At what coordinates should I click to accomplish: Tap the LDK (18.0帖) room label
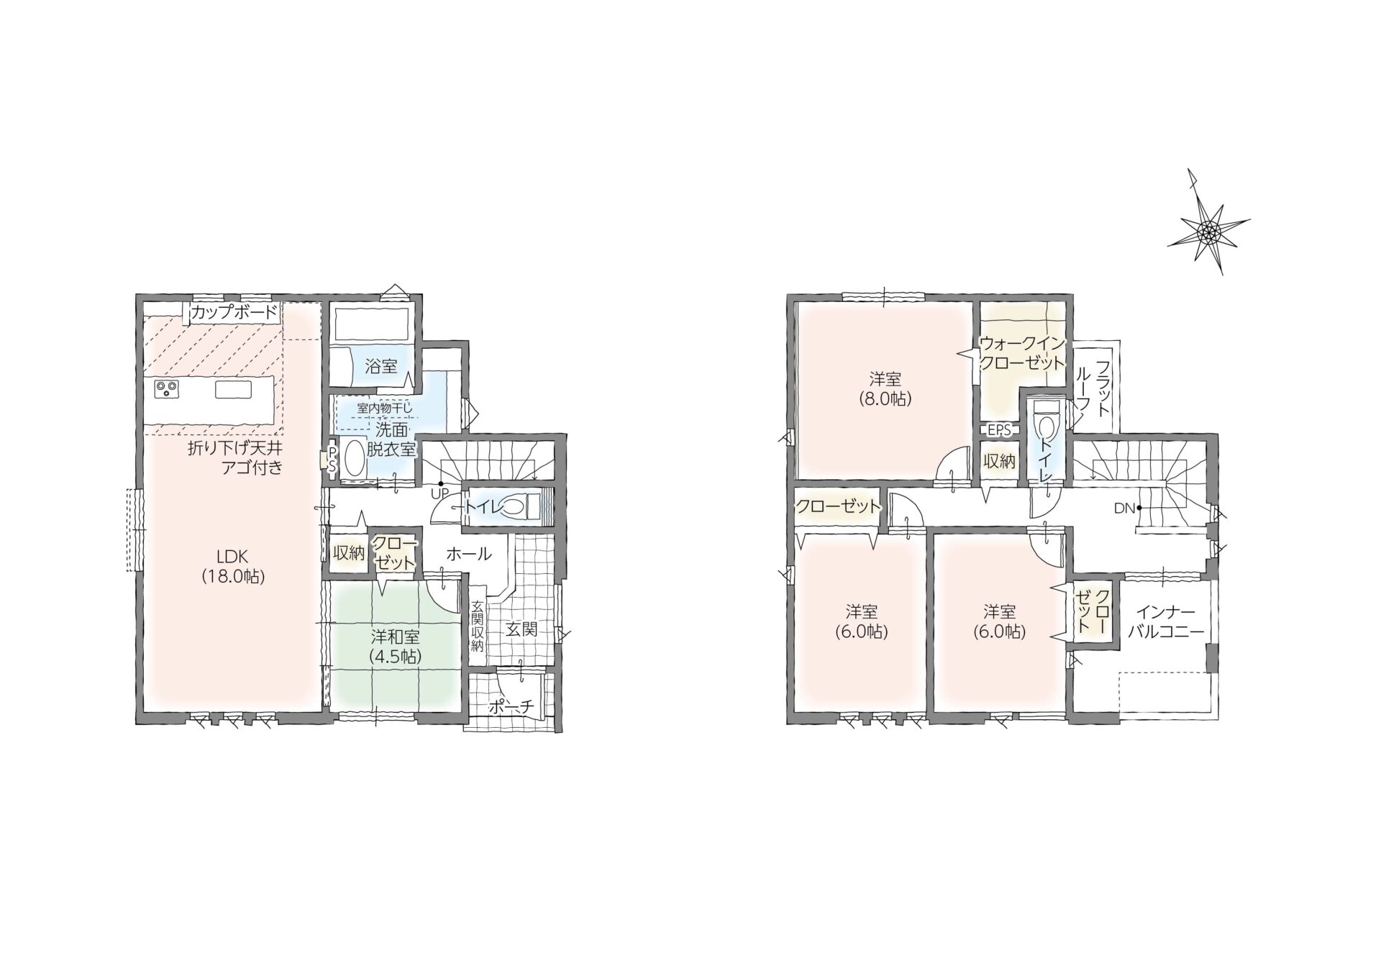coord(232,566)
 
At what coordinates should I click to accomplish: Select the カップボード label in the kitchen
coord(234,312)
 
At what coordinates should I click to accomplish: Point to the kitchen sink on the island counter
coord(233,389)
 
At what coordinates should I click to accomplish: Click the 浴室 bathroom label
coord(380,365)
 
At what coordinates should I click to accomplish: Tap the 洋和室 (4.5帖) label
coord(395,647)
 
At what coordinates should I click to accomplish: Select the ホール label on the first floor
coord(469,554)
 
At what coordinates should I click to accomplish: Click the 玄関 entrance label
coord(521,629)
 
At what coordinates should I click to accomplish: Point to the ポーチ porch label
coord(511,707)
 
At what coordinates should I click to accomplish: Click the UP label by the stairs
coord(439,493)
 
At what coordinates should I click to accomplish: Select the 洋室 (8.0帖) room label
coord(885,389)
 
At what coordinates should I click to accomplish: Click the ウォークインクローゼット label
coord(1022,353)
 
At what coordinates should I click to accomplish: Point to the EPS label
coord(999,430)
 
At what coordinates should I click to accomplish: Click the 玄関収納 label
coord(477,626)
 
